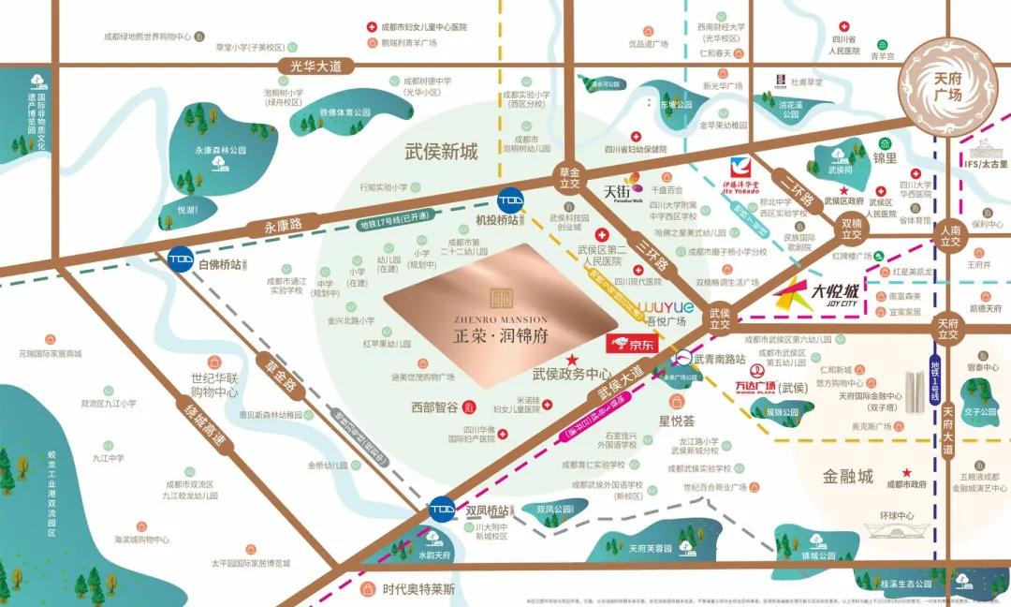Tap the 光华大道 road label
[316, 66]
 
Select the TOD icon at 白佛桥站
[181, 259]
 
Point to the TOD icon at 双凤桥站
[442, 510]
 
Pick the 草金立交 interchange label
[570, 178]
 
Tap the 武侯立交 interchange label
[719, 318]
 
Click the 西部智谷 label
[434, 407]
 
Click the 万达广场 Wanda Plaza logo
[755, 386]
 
